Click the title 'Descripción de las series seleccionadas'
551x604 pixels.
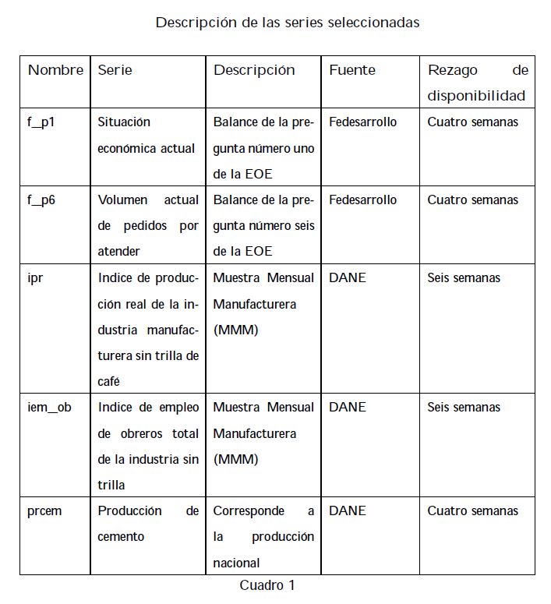tap(287, 23)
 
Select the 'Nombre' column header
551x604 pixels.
tap(55, 70)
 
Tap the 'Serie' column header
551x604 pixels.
tap(115, 70)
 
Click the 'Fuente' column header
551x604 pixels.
tap(351, 70)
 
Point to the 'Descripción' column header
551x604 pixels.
tap(254, 70)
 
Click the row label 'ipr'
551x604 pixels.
tap(35, 278)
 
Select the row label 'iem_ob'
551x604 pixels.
tap(48, 408)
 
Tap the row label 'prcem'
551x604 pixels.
tap(44, 511)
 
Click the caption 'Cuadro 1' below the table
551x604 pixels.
tap(267, 585)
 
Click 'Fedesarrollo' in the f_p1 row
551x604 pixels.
tap(362, 122)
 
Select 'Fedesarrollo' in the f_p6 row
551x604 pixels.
tap(362, 200)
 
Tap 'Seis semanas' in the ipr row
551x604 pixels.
tap(464, 278)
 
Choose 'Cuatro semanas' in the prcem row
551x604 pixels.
tap(472, 511)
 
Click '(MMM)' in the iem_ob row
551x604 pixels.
tap(235, 460)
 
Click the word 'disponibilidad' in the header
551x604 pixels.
tap(476, 97)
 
